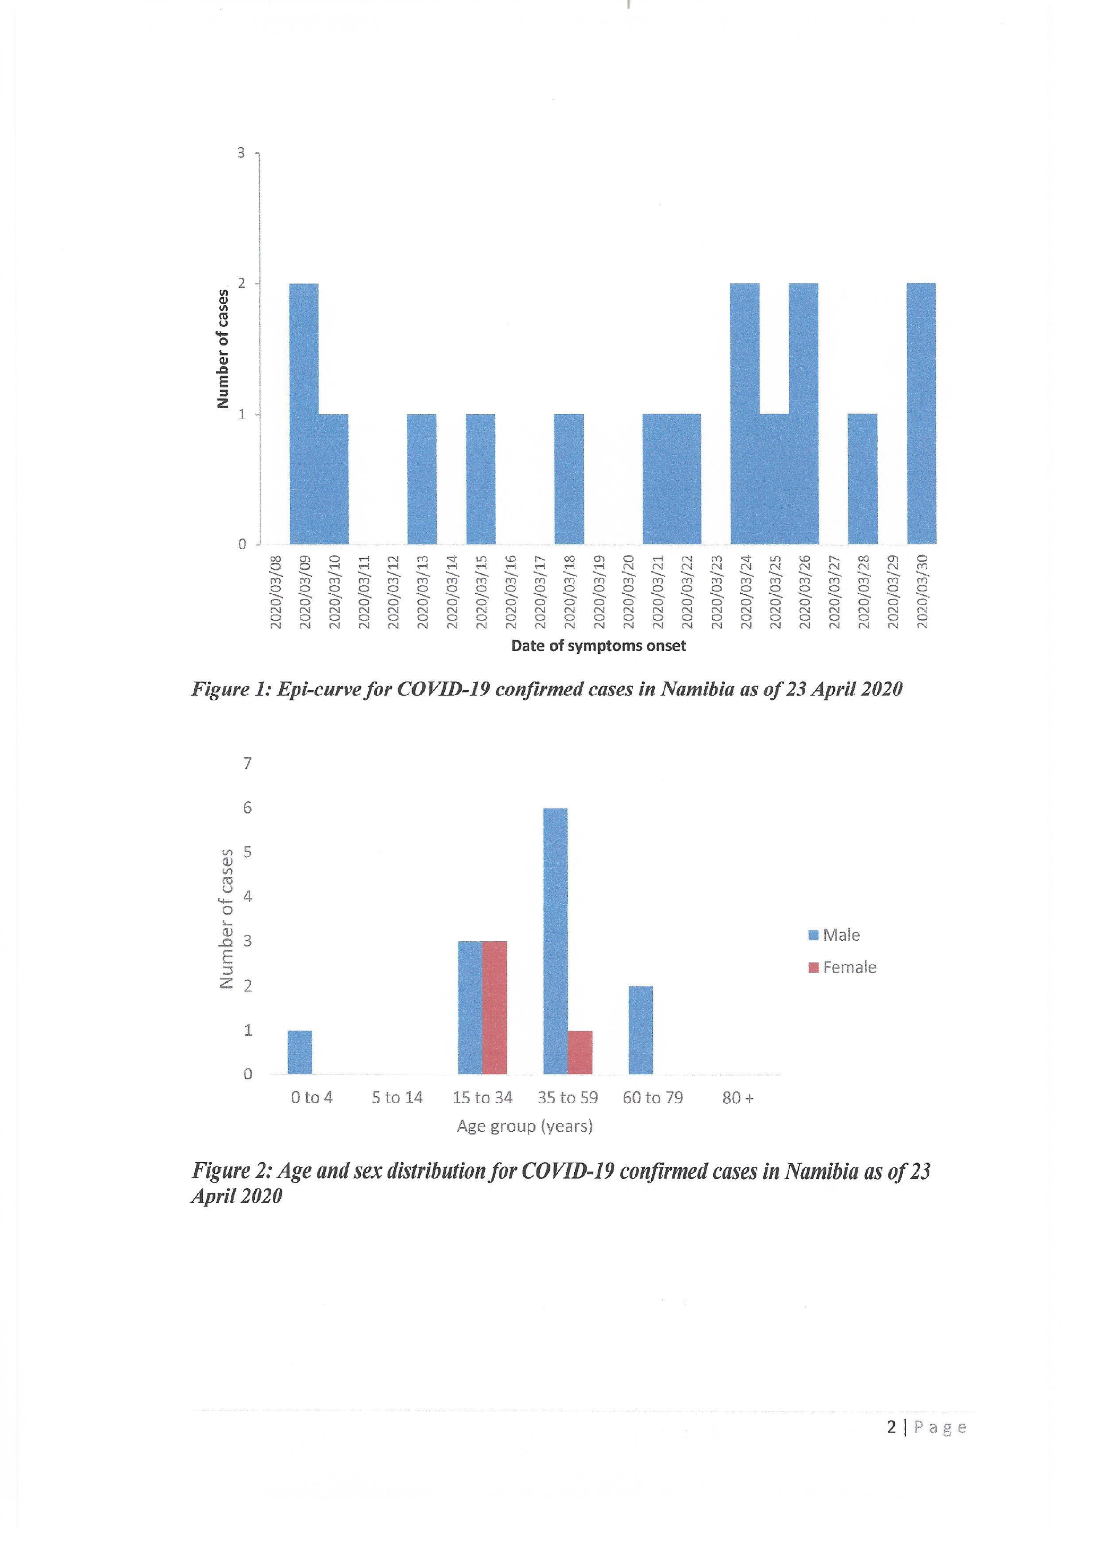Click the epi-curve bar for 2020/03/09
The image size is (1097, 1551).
tap(304, 413)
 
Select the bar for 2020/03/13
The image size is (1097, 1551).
tap(421, 479)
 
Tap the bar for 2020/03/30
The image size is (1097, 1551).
tap(921, 413)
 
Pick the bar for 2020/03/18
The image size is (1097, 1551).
tap(569, 479)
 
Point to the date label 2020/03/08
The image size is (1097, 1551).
tap(275, 592)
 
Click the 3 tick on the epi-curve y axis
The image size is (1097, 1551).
tap(241, 153)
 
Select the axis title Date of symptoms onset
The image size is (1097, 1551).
tap(599, 646)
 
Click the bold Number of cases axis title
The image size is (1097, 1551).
tap(222, 349)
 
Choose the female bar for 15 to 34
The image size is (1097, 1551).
tap(495, 1007)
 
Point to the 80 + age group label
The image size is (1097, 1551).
tap(738, 1098)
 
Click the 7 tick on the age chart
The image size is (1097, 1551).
tap(247, 764)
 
